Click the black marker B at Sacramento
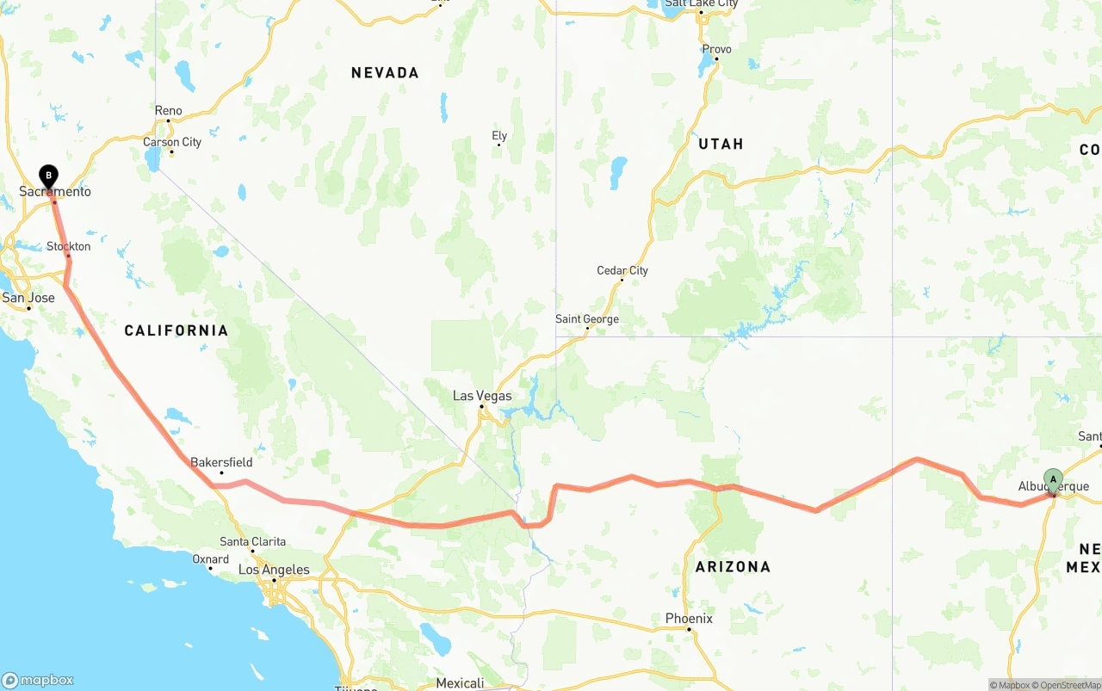[x=49, y=176]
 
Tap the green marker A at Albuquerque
[x=1053, y=480]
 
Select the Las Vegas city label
[x=482, y=396]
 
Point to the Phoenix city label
[x=689, y=618]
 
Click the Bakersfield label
[x=221, y=462]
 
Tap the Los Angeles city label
[x=274, y=570]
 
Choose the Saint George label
[x=586, y=319]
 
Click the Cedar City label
[x=622, y=270]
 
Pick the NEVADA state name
[x=385, y=73]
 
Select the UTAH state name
[x=721, y=144]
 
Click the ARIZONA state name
[x=733, y=566]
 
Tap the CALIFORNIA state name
[x=176, y=330]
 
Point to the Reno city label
[x=169, y=110]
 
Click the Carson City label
[x=172, y=142]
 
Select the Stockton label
[x=69, y=246]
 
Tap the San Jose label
[x=28, y=298]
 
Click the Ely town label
[x=499, y=135]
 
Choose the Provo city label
[x=716, y=49]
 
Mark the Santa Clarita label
[x=252, y=541]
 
